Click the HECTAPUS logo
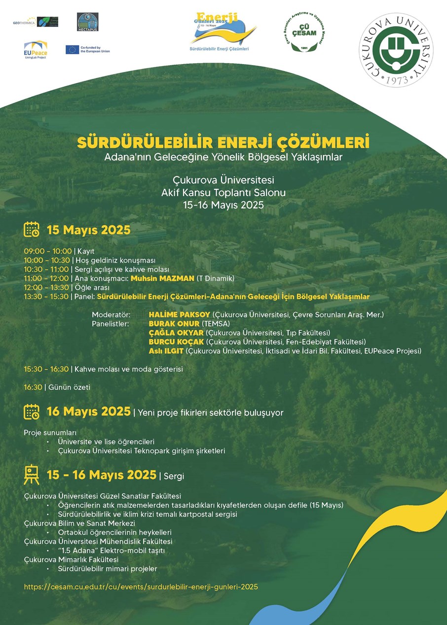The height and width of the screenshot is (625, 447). [88, 22]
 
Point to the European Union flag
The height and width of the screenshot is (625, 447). [72, 49]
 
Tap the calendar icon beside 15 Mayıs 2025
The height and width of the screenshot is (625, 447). [32, 230]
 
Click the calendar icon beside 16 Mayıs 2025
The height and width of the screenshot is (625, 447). [32, 412]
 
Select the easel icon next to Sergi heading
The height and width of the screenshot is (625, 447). [32, 475]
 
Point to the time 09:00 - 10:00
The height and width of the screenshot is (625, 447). [48, 251]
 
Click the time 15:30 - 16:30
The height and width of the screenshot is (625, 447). [47, 369]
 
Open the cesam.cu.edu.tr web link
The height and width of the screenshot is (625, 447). [141, 587]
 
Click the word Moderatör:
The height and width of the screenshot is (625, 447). [111, 314]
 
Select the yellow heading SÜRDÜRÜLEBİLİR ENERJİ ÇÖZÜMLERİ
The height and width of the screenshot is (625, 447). [223, 143]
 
